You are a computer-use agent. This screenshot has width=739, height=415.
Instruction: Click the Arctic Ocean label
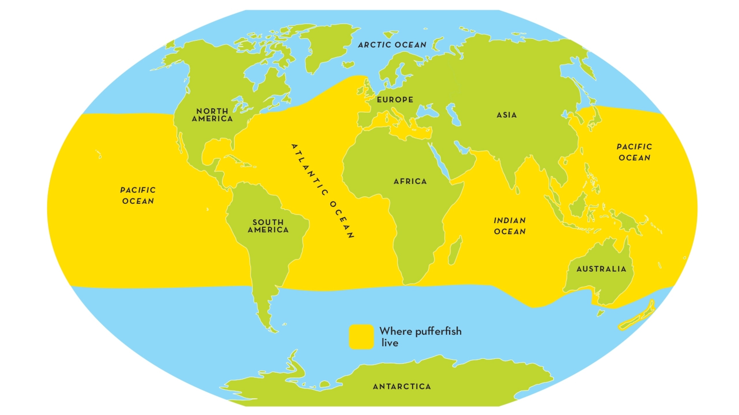pyautogui.click(x=392, y=45)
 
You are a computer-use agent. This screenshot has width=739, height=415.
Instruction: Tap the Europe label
pyautogui.click(x=395, y=100)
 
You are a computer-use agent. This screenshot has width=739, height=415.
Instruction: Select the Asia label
pyautogui.click(x=507, y=115)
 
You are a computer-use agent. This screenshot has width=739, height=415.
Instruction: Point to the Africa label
pyautogui.click(x=410, y=181)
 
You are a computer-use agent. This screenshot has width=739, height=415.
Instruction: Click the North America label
pyautogui.click(x=212, y=115)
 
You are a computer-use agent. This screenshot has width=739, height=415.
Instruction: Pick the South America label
pyautogui.click(x=268, y=226)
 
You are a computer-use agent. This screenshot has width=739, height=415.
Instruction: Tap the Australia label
pyautogui.click(x=601, y=269)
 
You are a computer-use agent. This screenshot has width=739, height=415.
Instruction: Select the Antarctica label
pyautogui.click(x=402, y=386)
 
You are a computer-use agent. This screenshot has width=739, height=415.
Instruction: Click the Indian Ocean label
pyautogui.click(x=510, y=226)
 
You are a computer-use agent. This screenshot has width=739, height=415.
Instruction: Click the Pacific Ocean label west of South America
pyautogui.click(x=138, y=195)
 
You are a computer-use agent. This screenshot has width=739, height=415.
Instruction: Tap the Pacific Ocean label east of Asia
pyautogui.click(x=634, y=152)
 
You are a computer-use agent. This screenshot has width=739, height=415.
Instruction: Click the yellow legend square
pyautogui.click(x=361, y=337)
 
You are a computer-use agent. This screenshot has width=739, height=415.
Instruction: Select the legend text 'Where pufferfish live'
pyautogui.click(x=420, y=337)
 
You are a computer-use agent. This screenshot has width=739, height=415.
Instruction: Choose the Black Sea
pyautogui.click(x=427, y=111)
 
